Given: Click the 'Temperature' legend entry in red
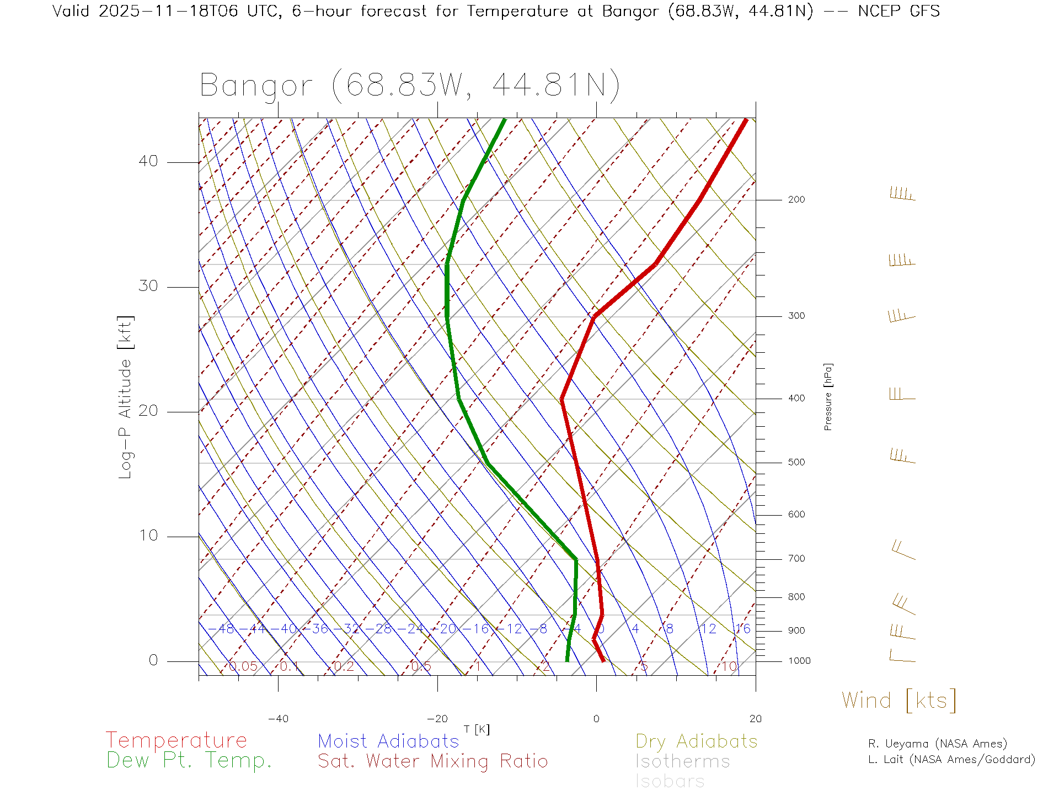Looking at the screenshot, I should click(x=176, y=740).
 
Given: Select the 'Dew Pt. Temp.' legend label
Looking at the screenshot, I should click(x=189, y=761).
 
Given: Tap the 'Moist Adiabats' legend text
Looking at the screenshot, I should click(x=388, y=741).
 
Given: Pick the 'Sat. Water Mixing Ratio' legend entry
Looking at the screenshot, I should click(x=432, y=761).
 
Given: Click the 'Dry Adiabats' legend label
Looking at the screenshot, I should click(x=696, y=741).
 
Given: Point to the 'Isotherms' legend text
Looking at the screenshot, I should click(x=682, y=761).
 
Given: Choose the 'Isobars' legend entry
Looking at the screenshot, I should click(x=670, y=781).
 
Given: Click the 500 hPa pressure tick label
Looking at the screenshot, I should click(x=796, y=462).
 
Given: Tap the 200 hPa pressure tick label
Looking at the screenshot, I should click(x=796, y=199).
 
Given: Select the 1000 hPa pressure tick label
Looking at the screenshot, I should click(x=799, y=661).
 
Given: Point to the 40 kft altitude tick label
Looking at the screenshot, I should click(x=148, y=161).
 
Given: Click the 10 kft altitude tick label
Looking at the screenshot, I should click(x=148, y=536).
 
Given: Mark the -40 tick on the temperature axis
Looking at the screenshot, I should click(x=278, y=719).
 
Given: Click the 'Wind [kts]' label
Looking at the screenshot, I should click(x=898, y=700).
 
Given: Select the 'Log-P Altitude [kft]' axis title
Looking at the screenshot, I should click(x=126, y=397).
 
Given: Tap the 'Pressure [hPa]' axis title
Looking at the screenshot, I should click(x=828, y=396).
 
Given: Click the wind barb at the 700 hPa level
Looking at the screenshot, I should click(x=903, y=550).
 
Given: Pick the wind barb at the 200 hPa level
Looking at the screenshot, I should click(x=902, y=194).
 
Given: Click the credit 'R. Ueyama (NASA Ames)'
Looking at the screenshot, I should click(x=937, y=744).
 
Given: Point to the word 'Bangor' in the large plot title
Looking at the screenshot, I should click(x=256, y=86).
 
